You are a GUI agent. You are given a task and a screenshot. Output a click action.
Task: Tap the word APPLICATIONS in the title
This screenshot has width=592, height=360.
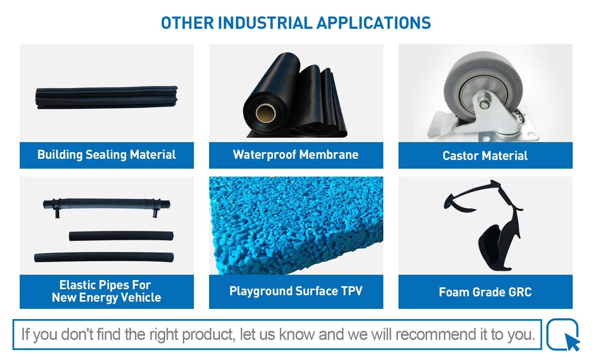[374, 23]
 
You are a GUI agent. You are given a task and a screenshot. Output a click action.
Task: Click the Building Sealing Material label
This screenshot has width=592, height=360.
[106, 155]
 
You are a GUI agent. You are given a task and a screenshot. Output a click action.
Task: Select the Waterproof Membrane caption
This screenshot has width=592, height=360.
[296, 155]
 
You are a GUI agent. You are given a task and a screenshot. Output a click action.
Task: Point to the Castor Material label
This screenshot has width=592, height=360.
[485, 155]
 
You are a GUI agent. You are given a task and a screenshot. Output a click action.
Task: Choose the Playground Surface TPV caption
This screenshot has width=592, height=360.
[296, 291]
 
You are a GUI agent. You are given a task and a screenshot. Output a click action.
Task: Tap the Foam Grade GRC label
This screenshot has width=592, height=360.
[485, 292]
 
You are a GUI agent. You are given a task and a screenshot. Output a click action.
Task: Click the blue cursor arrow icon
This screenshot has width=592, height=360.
[572, 341]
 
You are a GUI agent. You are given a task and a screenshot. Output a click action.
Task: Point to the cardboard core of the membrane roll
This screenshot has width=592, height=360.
[266, 113]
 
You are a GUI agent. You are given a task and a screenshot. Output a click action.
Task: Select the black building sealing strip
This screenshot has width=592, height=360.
[106, 97]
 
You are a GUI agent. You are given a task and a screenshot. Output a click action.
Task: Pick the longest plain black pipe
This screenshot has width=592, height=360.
[104, 257]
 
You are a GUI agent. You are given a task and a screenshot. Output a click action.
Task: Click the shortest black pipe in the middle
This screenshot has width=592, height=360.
[121, 236]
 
